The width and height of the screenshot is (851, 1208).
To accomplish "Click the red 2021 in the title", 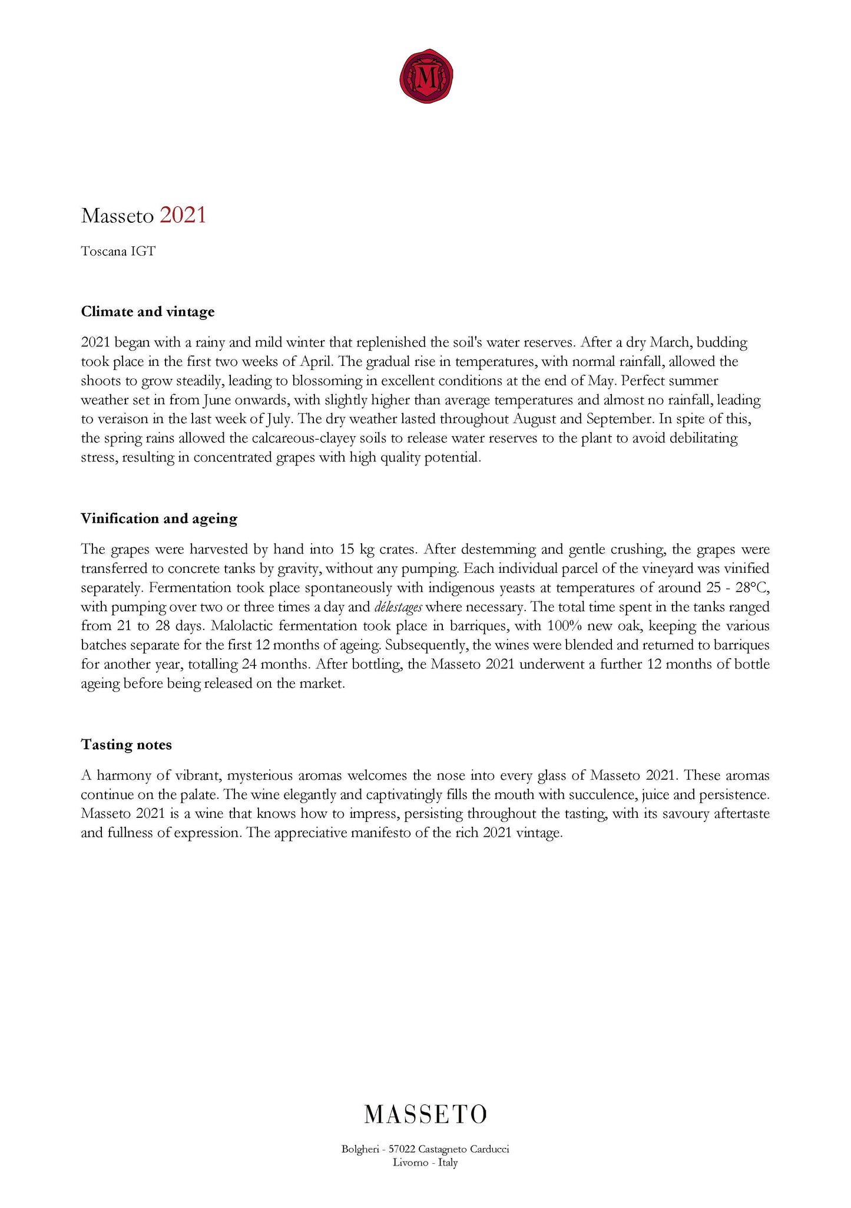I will coord(183,216).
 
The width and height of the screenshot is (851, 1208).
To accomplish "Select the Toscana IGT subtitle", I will coord(118,252).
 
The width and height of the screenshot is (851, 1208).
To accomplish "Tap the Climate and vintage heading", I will coord(147,312).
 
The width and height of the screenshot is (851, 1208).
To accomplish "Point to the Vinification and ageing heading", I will coord(159,519).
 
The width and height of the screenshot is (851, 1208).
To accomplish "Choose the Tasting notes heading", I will coord(126,745).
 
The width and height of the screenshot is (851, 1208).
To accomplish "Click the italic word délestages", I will coord(398,607).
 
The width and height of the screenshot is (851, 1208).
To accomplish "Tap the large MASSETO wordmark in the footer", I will coord(425,1114).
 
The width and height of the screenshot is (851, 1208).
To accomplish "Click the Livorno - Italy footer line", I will coord(425,1163).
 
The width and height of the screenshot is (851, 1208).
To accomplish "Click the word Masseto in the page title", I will coord(117,216).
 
